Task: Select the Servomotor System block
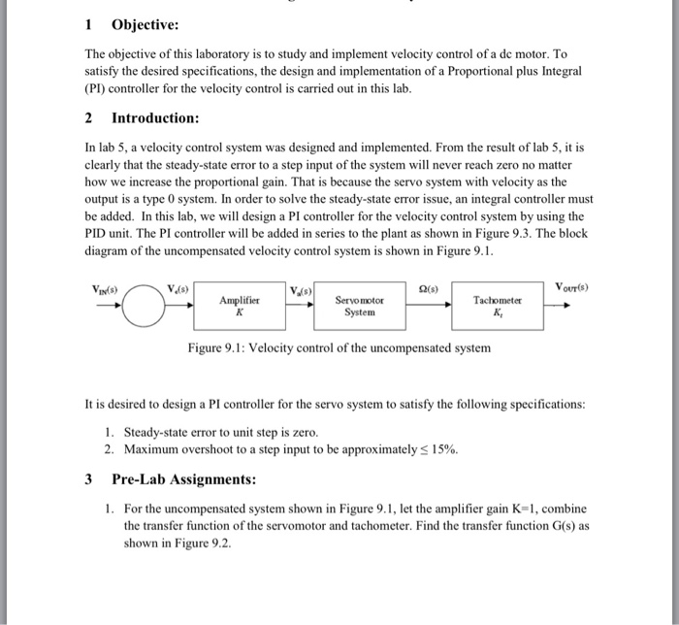[x=359, y=307]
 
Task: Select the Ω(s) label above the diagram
[x=425, y=287]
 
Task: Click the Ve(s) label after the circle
[x=178, y=287]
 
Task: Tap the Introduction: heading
[x=155, y=117]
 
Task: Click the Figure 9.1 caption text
[x=339, y=347]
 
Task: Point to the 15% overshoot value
[x=443, y=450]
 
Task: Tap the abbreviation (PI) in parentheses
[x=97, y=88]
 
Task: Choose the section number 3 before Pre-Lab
[x=88, y=479]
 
